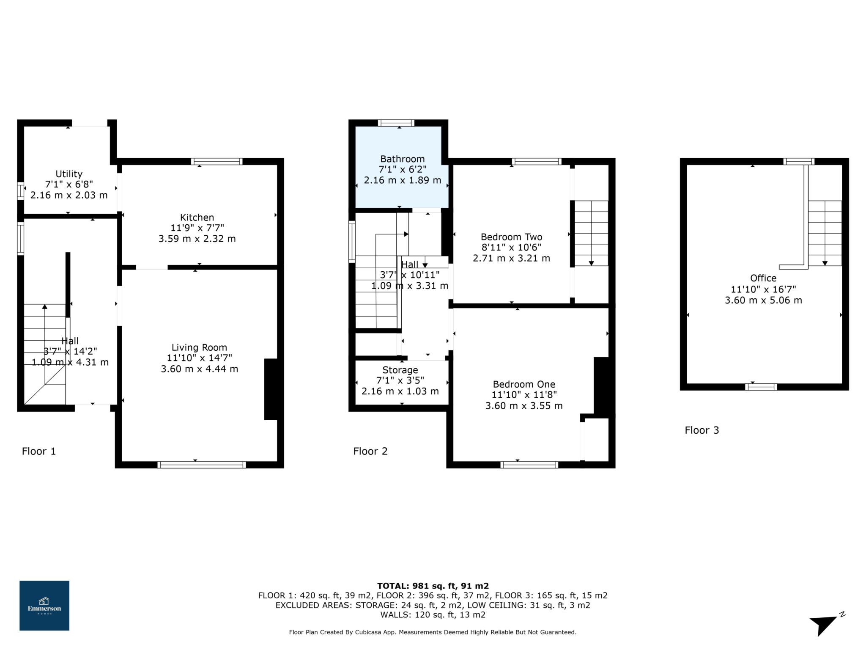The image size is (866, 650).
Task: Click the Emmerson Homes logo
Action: pos(44,606)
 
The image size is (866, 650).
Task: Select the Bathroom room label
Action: pos(403,159)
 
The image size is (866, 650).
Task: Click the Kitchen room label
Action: pos(197,218)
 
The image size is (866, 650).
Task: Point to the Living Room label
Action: pos(199,347)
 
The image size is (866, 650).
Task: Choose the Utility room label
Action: pos(69,174)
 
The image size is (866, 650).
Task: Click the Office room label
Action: pos(763,278)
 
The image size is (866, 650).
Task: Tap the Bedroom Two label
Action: pos(511,237)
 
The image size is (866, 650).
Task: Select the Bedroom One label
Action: pos(524,384)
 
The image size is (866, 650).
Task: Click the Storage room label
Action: pos(400,370)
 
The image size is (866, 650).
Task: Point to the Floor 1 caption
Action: pos(39,451)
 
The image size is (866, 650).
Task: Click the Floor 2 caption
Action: pos(370,451)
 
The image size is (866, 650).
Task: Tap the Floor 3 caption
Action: pos(702,430)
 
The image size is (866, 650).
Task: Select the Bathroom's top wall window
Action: pos(396,123)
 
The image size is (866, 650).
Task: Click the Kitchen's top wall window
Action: pos(216,161)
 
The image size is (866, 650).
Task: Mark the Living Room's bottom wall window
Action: pos(202,465)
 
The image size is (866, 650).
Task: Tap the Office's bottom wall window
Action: pos(761,387)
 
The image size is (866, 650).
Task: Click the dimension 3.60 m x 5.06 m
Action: pos(763,300)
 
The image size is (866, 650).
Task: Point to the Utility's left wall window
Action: pos(20,190)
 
